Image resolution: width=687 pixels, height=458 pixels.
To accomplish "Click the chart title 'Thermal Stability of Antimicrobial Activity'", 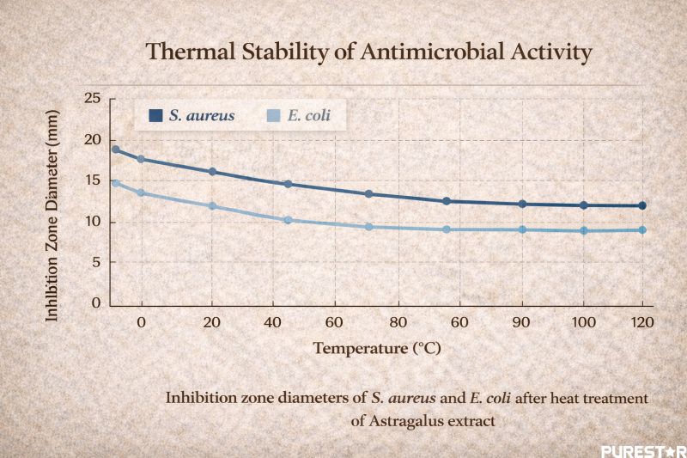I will (368, 52).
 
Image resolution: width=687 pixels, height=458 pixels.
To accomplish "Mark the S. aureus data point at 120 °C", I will (641, 205).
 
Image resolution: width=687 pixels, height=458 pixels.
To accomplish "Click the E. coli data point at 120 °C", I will (641, 229).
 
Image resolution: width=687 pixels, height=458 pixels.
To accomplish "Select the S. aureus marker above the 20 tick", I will (212, 172).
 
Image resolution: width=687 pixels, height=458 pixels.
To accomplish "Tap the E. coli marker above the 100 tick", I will (584, 230).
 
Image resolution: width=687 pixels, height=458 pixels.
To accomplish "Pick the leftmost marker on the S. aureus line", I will (116, 150).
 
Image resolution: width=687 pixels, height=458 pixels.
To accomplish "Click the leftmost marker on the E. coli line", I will (116, 183).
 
